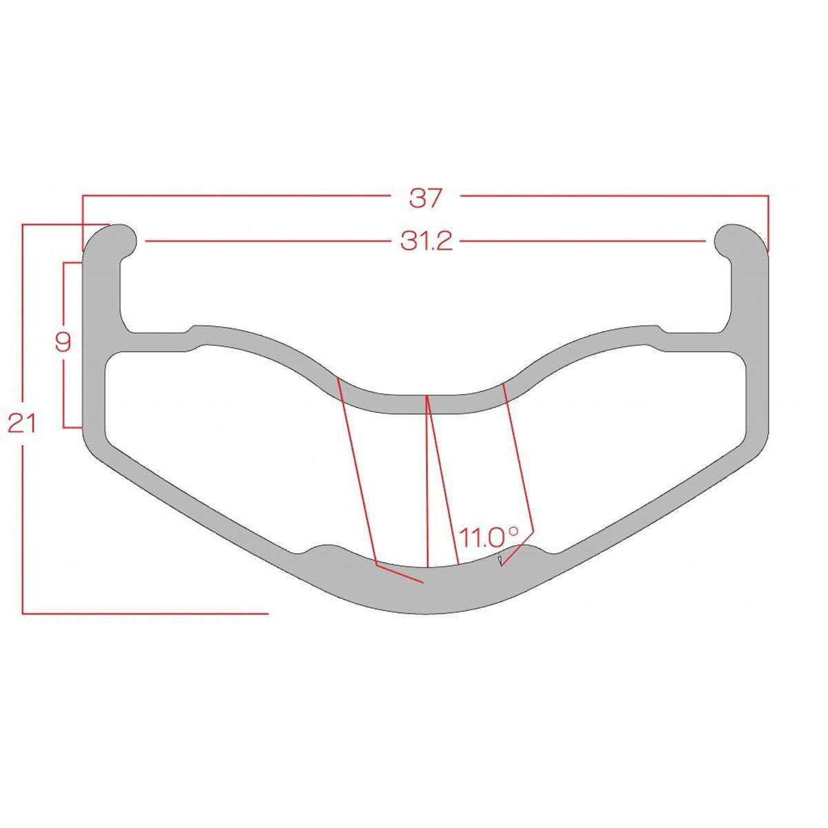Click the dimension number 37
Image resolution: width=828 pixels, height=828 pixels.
tap(425, 199)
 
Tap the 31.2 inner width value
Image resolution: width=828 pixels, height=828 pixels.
tap(426, 241)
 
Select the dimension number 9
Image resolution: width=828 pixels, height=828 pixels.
tap(63, 342)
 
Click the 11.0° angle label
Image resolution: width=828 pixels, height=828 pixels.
tap(489, 537)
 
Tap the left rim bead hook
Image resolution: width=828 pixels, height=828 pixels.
tap(112, 241)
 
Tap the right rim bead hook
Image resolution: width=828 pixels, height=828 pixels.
tap(740, 241)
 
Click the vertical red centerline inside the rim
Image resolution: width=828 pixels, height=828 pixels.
tap(427, 481)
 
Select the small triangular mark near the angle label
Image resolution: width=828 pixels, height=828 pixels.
tap(500, 560)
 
